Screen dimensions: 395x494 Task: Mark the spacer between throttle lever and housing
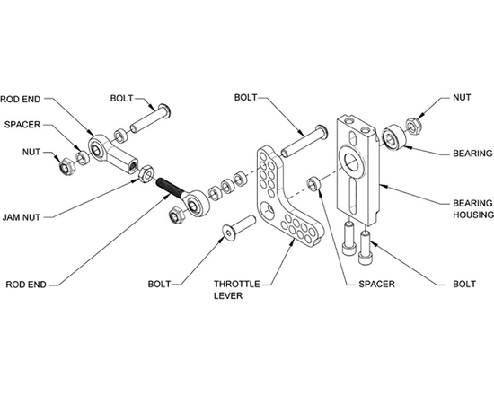point(313,184)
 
